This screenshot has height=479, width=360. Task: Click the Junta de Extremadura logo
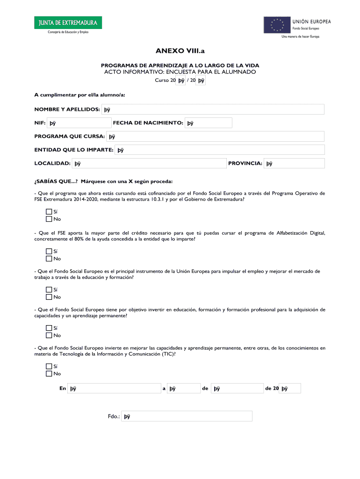click(x=67, y=23)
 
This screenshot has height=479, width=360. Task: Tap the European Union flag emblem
click(x=276, y=25)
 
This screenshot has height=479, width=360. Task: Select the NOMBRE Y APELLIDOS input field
click(x=213, y=109)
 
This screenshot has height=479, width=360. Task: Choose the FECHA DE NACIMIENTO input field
click(x=209, y=123)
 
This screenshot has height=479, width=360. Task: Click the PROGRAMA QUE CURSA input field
click(x=216, y=137)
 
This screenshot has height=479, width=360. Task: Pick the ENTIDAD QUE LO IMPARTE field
click(x=220, y=150)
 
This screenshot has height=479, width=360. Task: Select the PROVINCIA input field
click(x=294, y=163)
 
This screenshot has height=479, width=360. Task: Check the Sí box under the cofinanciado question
click(x=49, y=212)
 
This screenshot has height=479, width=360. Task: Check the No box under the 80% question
click(x=49, y=258)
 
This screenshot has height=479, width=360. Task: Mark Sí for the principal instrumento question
click(x=49, y=290)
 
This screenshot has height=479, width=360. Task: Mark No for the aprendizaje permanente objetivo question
click(x=49, y=335)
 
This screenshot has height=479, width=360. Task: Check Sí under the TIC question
click(x=49, y=367)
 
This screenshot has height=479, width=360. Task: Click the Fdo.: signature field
click(x=187, y=416)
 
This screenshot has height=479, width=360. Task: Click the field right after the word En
click(x=114, y=388)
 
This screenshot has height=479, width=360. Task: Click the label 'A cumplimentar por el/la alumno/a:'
click(x=79, y=95)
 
